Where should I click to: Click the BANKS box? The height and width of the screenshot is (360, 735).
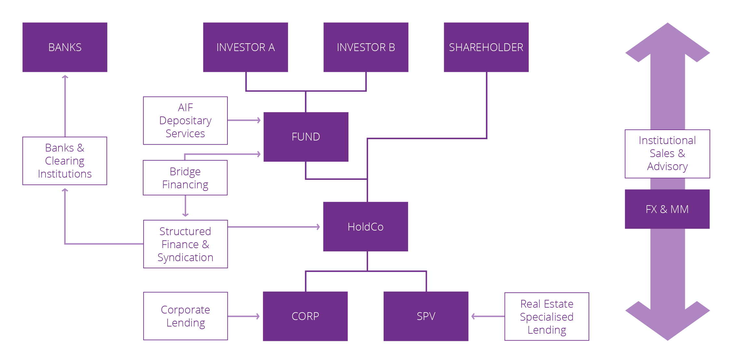click(x=65, y=47)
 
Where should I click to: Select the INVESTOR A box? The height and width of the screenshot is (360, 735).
click(x=245, y=47)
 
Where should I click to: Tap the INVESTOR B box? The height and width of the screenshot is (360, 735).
click(x=366, y=47)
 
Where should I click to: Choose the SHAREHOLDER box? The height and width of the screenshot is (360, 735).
click(x=486, y=47)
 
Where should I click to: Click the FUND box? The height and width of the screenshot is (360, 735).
click(x=306, y=137)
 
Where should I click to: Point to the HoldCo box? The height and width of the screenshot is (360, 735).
click(x=365, y=227)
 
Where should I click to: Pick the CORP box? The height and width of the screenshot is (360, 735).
click(x=305, y=316)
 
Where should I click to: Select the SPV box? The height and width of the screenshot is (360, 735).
click(x=426, y=316)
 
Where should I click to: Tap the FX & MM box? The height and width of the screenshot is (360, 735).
click(x=667, y=209)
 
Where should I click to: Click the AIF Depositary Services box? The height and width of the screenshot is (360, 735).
click(x=185, y=121)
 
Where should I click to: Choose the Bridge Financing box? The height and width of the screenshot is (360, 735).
click(x=185, y=178)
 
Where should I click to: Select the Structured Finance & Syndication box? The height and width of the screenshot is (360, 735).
click(x=185, y=244)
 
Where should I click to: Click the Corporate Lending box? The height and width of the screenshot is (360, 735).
click(x=185, y=316)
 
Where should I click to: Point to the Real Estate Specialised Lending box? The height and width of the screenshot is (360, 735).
click(x=547, y=316)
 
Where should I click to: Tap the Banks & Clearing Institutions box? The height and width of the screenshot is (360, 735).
click(x=65, y=161)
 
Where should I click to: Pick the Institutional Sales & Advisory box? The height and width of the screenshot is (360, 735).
click(x=667, y=154)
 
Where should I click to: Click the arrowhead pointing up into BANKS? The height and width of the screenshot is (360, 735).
click(x=65, y=77)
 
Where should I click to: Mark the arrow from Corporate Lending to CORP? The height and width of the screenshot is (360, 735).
click(x=244, y=316)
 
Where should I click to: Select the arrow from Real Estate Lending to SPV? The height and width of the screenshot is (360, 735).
click(x=488, y=316)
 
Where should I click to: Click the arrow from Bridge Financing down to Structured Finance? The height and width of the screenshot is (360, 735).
click(x=185, y=206)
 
